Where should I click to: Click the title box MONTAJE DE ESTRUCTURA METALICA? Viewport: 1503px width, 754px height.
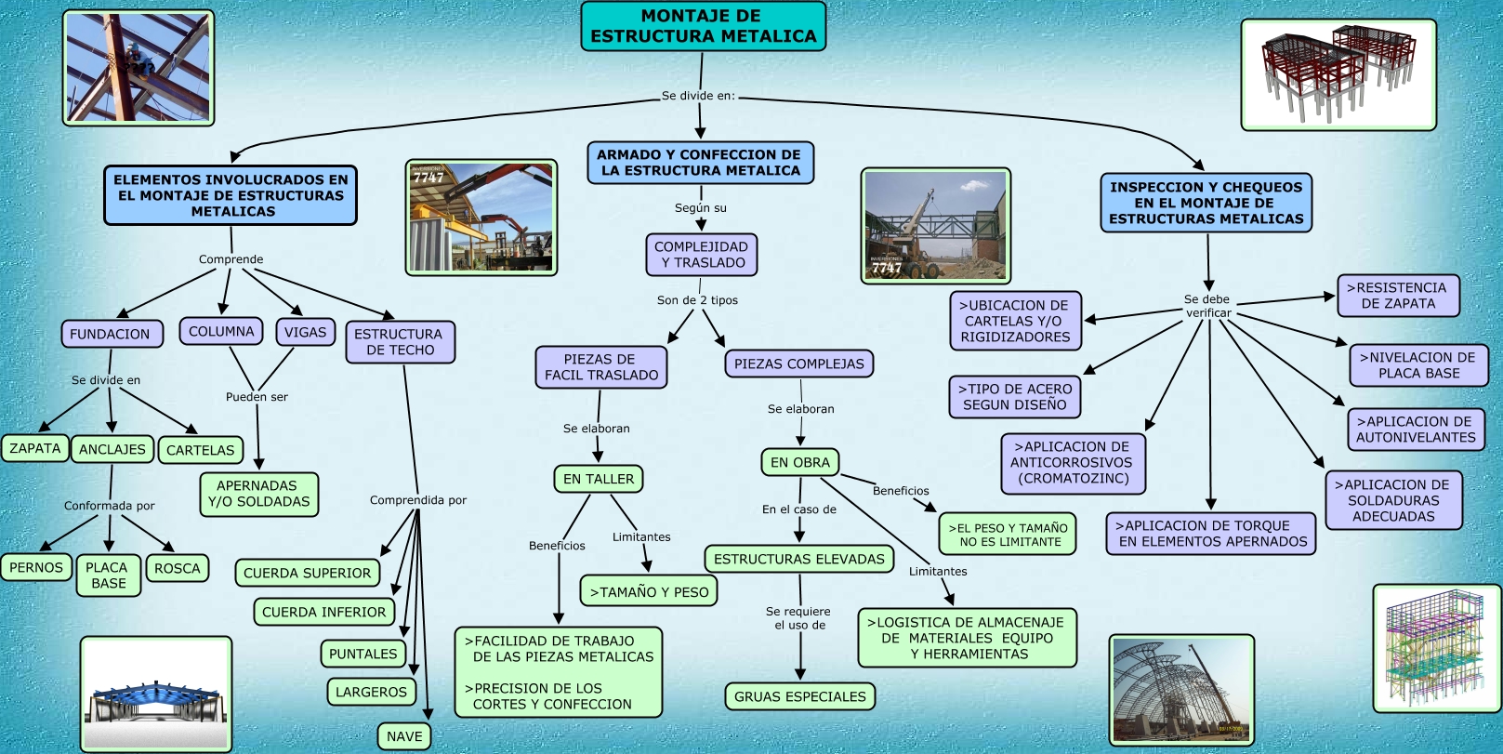[x=703, y=26]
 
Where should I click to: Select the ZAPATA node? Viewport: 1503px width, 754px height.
[x=35, y=448]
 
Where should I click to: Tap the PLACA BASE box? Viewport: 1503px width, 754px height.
[x=108, y=575]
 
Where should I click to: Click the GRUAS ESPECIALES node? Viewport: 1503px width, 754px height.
[x=799, y=696]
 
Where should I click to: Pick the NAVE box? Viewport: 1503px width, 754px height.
[x=404, y=736]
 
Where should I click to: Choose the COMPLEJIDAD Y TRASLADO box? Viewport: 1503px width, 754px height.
[x=702, y=255]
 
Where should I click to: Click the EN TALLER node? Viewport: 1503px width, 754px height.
[x=599, y=479]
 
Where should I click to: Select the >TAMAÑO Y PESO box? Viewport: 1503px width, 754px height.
[x=649, y=591]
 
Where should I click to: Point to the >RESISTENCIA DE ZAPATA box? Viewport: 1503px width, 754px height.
[x=1398, y=296]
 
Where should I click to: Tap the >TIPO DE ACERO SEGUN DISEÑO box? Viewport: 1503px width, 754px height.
[x=1015, y=397]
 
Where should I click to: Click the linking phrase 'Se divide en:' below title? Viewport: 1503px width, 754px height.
[x=698, y=96]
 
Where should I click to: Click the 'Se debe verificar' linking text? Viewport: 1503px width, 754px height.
[x=1207, y=306]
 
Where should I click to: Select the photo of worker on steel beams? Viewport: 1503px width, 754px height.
[x=138, y=68]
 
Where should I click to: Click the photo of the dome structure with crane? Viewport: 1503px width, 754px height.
[x=1181, y=690]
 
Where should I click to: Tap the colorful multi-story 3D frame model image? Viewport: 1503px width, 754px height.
[x=1436, y=648]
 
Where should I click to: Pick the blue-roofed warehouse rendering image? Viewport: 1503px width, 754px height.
[x=156, y=694]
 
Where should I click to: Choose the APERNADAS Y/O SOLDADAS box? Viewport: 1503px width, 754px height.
[x=257, y=494]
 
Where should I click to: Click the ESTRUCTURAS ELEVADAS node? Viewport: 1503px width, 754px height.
[x=799, y=559]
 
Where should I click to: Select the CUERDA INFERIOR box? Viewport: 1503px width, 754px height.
[x=323, y=612]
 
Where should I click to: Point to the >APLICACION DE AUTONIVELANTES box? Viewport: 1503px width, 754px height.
[x=1416, y=430]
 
